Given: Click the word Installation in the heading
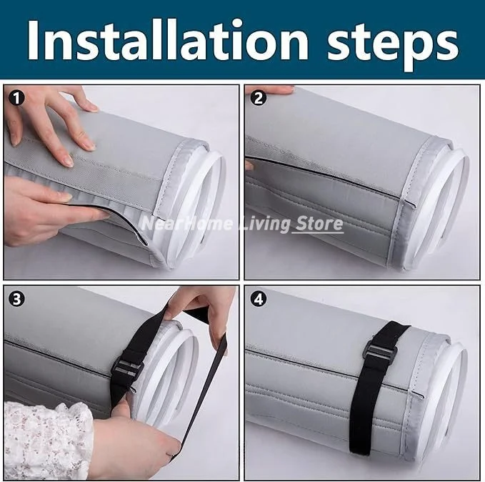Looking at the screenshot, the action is tap(168, 39).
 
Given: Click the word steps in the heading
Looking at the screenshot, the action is tap(393, 44).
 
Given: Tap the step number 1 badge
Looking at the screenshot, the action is tap(16, 98).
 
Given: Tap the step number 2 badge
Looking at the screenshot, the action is tap(259, 98).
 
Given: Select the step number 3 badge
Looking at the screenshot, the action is tap(16, 299).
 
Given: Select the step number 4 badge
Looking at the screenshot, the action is tap(259, 299).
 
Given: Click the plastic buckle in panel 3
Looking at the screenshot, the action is tap(127, 367).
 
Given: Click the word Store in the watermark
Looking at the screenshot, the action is tap(318, 224).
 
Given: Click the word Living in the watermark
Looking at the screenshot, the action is tap(265, 225).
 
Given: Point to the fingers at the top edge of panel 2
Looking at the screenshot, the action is tap(269, 90).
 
